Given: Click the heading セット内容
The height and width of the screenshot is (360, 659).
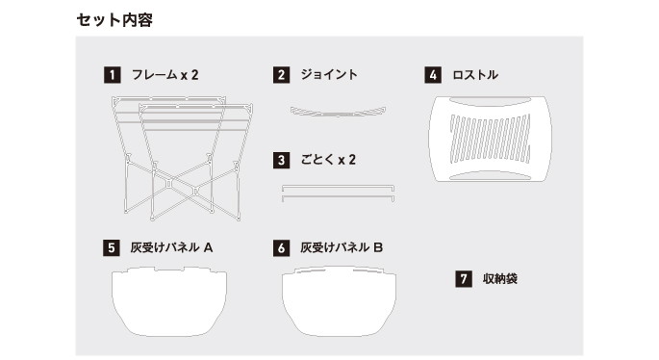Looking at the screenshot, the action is [114, 20].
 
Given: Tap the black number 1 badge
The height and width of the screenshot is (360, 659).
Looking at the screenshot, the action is [113, 75].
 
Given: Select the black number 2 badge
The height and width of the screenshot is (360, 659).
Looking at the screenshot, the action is [281, 75].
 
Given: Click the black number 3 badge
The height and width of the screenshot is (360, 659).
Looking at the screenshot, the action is [281, 160].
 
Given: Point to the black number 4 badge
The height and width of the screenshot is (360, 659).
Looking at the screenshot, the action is [433, 75].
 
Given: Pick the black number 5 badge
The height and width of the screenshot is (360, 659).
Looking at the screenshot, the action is [112, 247].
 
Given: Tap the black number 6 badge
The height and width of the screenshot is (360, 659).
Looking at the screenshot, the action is [281, 247].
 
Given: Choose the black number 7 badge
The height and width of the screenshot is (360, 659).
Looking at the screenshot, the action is [464, 279].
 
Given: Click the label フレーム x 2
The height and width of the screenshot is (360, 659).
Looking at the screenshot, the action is [165, 75].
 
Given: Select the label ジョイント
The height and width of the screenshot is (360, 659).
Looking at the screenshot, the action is [329, 74].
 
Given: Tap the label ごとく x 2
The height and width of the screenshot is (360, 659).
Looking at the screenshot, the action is [328, 160].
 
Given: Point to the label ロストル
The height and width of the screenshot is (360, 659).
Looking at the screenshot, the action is [475, 75].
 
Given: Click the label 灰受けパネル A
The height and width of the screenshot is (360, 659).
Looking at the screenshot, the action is [171, 247].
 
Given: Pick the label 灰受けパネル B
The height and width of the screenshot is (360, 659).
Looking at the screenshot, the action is [342, 247].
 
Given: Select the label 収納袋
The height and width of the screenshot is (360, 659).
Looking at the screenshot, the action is [500, 278].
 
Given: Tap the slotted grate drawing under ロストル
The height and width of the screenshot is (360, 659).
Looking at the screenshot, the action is [490, 139].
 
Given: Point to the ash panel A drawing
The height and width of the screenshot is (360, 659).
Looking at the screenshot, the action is [169, 301].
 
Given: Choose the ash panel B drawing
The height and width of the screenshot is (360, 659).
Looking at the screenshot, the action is [339, 301].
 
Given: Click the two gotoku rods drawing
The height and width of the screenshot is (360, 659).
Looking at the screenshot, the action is [338, 193].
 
